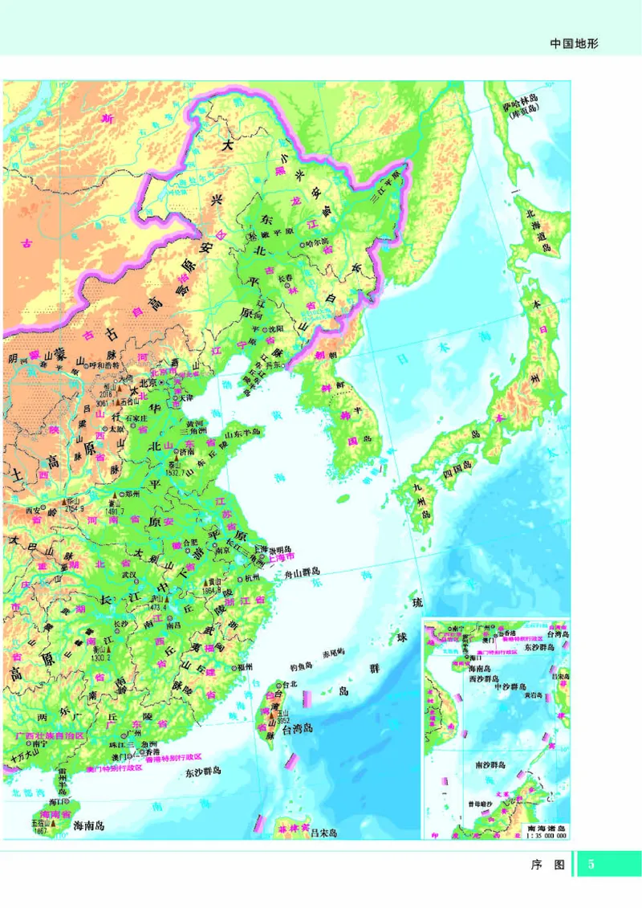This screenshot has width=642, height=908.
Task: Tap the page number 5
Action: click(x=592, y=865)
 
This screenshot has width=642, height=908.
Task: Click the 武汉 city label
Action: click(x=127, y=575)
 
